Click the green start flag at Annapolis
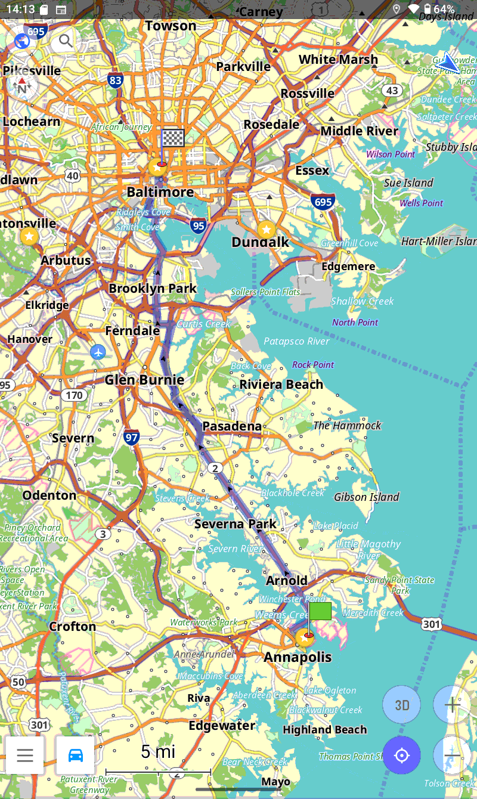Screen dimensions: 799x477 pos(320,612)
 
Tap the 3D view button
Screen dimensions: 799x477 pos(402,705)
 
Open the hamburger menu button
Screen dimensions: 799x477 pos(25,755)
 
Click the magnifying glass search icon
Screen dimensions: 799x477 pos(66,41)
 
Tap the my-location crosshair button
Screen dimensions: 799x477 pos(402,755)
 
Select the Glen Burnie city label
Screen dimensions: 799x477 pos(144,380)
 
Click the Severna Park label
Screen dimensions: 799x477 pos(236,524)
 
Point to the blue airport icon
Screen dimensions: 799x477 pos(98,352)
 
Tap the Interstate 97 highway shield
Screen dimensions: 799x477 pos(132,438)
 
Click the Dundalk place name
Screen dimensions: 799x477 pos(260,242)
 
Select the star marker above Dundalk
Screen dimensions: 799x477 pos(266,229)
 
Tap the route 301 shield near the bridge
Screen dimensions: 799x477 pos(431,624)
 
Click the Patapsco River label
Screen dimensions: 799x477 pos(297,342)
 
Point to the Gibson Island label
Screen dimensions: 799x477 pos(366,497)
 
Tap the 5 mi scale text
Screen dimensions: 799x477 pos(158,752)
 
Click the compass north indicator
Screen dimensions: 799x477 pos(22,86)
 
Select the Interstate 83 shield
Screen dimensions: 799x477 pos(116,80)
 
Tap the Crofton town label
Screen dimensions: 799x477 pos(72,626)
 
